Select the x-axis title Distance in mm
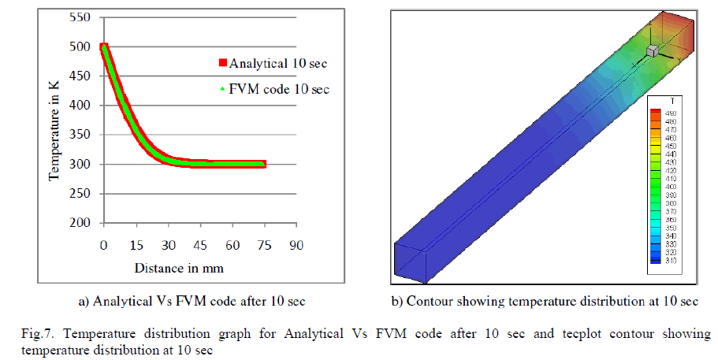(179, 268)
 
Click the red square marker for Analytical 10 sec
(223, 63)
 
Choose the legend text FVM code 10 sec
(279, 89)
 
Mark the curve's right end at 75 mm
(263, 164)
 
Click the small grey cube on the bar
(652, 51)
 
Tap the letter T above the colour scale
(668, 102)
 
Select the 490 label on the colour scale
(671, 113)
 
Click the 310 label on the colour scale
(671, 261)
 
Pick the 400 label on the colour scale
(671, 187)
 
